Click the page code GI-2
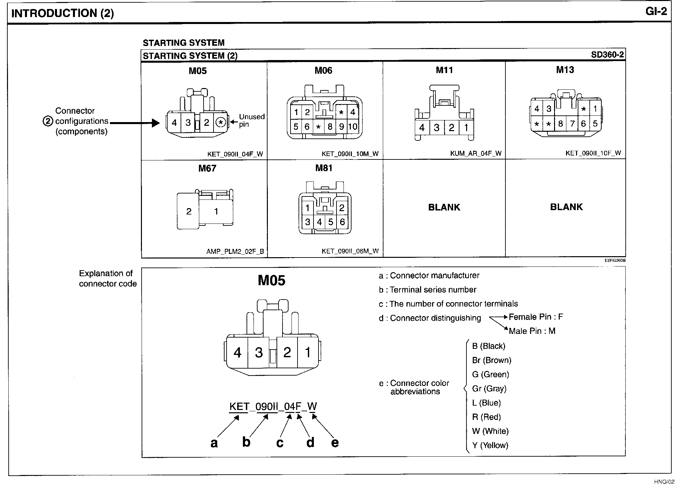point(656,12)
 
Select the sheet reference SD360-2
point(607,55)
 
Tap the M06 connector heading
point(323,70)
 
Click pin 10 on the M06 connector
point(352,126)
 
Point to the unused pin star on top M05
point(221,122)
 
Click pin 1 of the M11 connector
point(466,127)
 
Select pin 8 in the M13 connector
point(560,124)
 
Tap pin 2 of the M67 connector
point(189,211)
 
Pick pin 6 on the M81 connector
point(342,222)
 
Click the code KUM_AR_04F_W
point(475,153)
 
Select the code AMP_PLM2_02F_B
point(235,251)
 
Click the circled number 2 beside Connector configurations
point(48,121)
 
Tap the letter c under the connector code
point(280,443)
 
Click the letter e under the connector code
point(335,443)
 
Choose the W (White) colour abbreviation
point(490,431)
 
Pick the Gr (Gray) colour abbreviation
point(489,389)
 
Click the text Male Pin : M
point(532,331)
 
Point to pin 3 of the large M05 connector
point(259,353)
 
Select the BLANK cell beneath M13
point(566,207)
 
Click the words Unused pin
point(252,120)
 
